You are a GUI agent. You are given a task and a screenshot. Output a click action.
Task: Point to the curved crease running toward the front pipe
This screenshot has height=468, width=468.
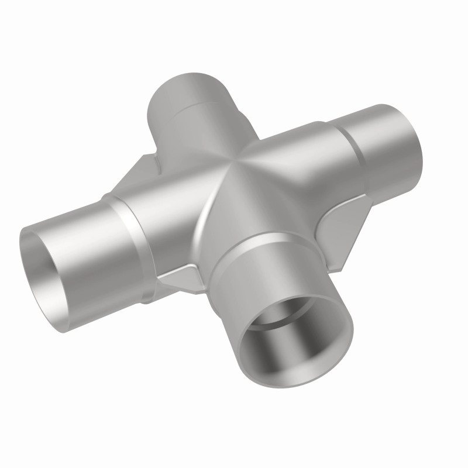(x=208, y=205)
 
